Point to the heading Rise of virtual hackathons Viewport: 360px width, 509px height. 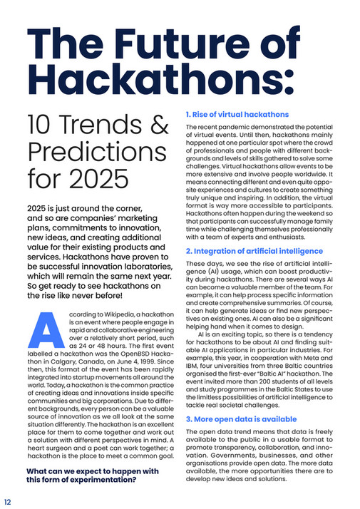237,114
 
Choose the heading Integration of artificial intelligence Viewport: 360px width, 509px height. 254,252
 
